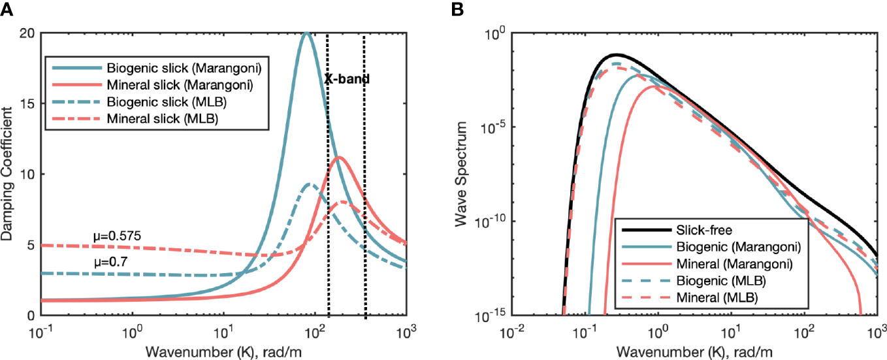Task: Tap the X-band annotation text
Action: [347, 80]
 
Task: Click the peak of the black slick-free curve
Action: [615, 55]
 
